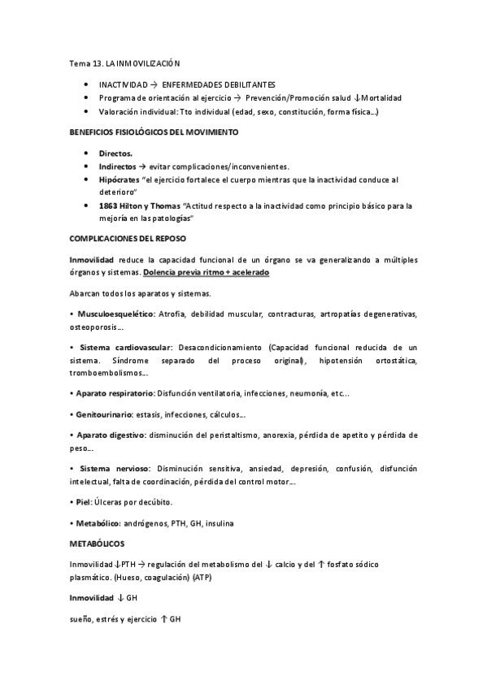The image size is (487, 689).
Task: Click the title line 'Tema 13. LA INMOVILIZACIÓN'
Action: coord(124,63)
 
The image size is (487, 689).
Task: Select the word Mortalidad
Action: coord(377,97)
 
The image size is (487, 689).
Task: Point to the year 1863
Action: coord(109,205)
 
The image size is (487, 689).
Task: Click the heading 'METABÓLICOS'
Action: coord(98,544)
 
